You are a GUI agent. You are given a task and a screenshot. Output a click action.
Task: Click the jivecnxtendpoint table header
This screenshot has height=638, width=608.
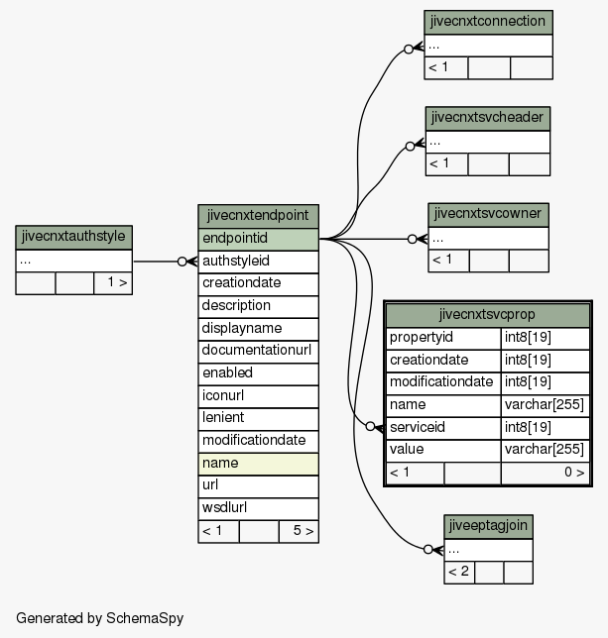[x=258, y=216]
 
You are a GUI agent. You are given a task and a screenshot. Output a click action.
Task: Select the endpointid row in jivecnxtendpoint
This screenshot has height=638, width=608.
[x=258, y=239]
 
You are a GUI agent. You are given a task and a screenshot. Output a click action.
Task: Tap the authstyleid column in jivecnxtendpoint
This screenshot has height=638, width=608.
[x=258, y=262]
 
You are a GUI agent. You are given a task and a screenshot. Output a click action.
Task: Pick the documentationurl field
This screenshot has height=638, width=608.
[x=258, y=352]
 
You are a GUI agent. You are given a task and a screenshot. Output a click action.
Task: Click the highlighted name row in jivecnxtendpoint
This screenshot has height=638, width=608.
[x=258, y=464]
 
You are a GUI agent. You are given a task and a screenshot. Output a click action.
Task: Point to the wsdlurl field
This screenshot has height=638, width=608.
[x=258, y=508]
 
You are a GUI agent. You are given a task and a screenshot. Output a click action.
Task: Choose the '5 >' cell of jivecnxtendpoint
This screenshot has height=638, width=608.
[x=299, y=531]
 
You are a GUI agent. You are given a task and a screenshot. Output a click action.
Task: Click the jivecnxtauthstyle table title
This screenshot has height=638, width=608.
[x=73, y=237]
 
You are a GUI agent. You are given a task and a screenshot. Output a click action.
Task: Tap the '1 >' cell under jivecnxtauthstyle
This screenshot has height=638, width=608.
[x=113, y=283]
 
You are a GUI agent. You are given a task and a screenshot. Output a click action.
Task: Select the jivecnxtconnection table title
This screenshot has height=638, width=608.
[x=488, y=22]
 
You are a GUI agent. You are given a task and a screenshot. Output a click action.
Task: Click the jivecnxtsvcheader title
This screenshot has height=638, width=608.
[x=488, y=119]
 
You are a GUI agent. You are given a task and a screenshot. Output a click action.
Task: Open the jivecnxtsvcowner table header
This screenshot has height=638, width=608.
[x=488, y=215]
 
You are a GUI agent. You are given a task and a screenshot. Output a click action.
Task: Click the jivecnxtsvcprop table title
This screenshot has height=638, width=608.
[x=488, y=315]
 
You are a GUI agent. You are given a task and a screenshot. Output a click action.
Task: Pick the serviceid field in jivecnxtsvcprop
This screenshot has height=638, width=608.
[x=443, y=428]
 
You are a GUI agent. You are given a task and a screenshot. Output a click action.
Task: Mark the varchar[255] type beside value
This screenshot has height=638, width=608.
[x=545, y=450]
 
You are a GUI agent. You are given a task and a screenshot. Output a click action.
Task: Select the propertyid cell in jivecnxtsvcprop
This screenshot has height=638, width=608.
[x=443, y=338]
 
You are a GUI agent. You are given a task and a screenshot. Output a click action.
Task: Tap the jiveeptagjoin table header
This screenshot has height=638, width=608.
[x=488, y=526]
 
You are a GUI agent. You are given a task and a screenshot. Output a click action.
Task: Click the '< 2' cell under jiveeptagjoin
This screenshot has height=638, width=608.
[x=459, y=573]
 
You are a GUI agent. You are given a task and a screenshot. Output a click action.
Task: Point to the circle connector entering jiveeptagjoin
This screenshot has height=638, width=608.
[x=428, y=550]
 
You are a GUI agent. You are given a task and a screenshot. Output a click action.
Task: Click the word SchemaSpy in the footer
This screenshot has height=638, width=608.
[x=145, y=618]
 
